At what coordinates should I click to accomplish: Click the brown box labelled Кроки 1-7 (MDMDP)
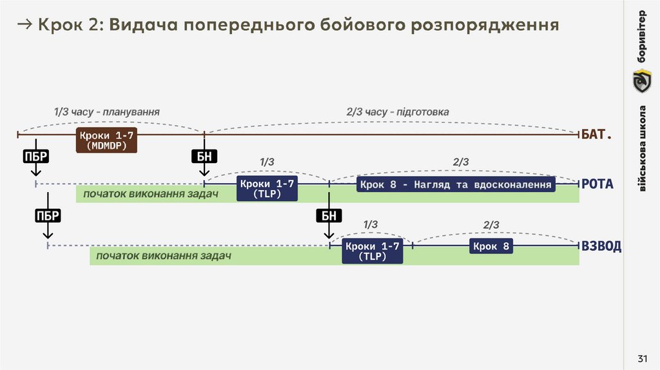(x=107, y=140)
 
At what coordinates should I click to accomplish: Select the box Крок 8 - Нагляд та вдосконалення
(x=456, y=185)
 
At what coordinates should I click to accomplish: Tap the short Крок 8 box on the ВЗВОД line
(x=491, y=246)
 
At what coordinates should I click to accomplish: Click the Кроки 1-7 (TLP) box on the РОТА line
(x=267, y=188)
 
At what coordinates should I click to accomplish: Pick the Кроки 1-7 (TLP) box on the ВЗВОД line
(x=373, y=251)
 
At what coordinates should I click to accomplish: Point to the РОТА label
(x=597, y=184)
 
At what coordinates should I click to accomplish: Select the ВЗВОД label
(x=601, y=246)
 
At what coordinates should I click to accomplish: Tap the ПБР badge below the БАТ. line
(x=36, y=157)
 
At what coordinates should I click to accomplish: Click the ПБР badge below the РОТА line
(x=47, y=216)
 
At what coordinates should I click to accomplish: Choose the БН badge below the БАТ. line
(x=204, y=157)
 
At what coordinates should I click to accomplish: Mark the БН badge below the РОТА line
(x=329, y=216)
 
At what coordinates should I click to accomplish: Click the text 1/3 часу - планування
(x=107, y=112)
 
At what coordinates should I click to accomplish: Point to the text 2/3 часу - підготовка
(x=398, y=112)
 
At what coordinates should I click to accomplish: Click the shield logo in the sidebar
(x=641, y=82)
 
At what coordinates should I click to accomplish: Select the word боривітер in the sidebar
(x=641, y=36)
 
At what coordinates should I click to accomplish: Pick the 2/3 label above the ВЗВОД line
(x=491, y=224)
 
